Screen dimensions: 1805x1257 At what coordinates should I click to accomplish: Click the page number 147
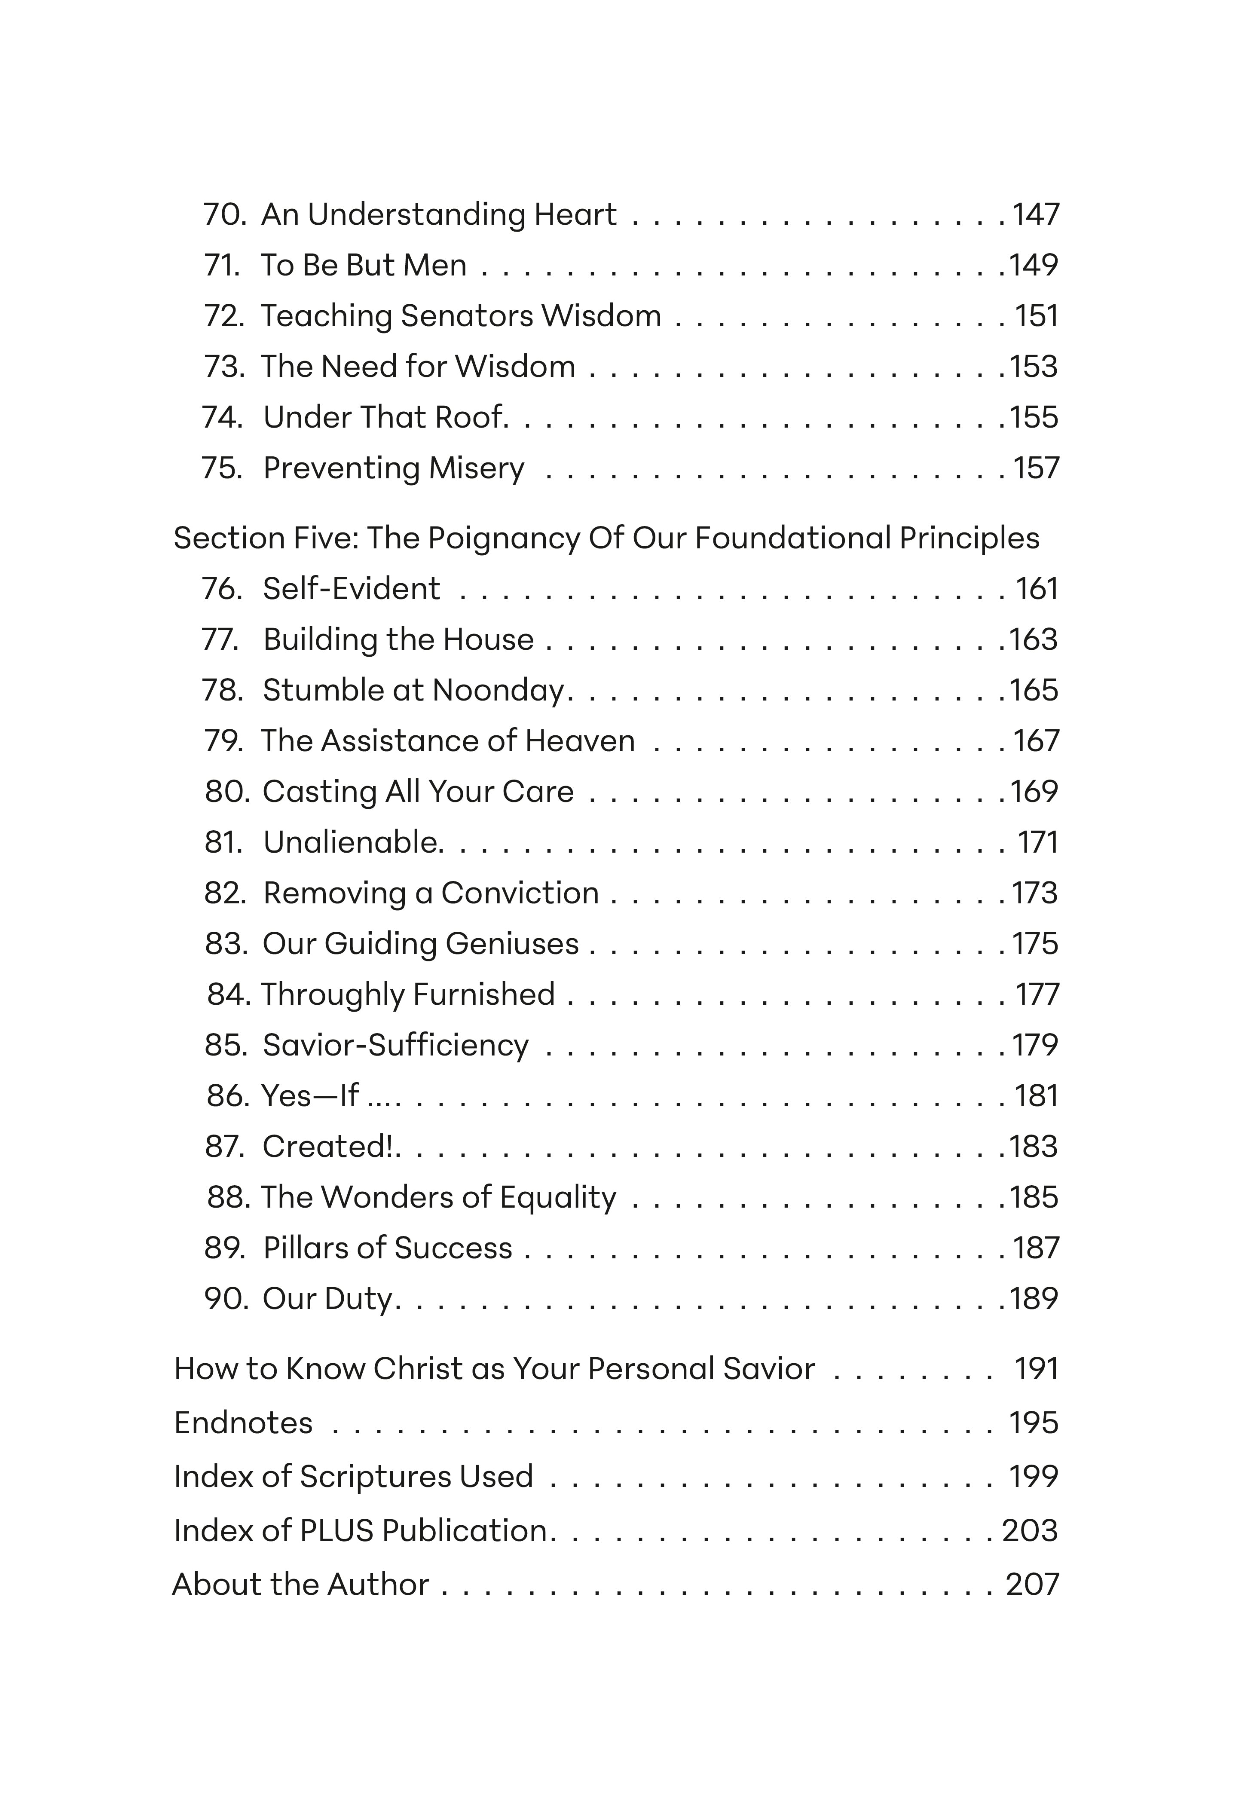pos(1035,214)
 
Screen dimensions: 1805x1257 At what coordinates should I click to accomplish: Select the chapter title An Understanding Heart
pos(439,214)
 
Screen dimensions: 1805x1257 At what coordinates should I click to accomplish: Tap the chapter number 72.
pos(223,316)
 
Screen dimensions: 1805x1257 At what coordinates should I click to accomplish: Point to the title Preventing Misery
pos(393,468)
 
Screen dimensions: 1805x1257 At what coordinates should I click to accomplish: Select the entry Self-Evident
pos(352,589)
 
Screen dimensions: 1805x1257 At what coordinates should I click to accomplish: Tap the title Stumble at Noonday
pos(413,690)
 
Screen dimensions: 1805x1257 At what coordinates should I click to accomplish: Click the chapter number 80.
pos(226,792)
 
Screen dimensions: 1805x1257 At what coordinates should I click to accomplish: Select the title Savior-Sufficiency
pos(395,1046)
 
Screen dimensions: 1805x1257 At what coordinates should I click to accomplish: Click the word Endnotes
pos(243,1423)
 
